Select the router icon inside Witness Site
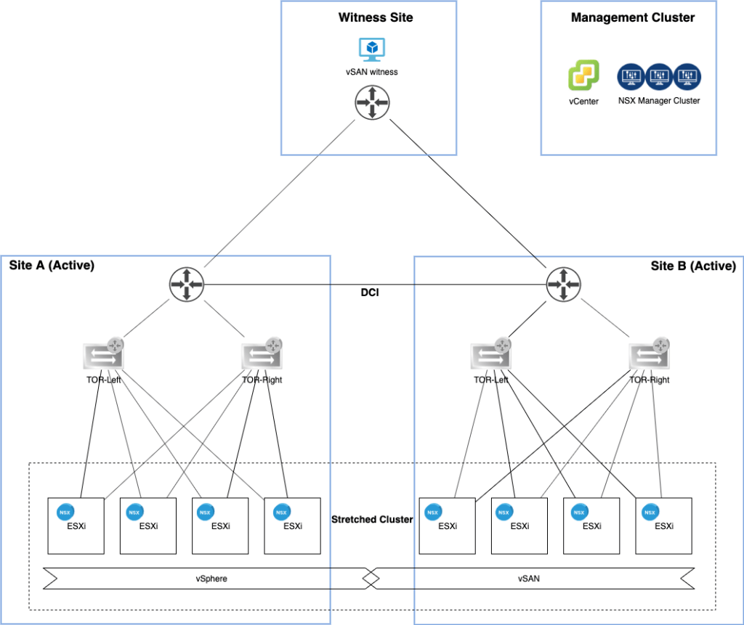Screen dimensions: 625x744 pyautogui.click(x=372, y=102)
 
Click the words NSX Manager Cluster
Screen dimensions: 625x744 pyautogui.click(x=659, y=101)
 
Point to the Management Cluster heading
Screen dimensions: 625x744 pyautogui.click(x=633, y=17)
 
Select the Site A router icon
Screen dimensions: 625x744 pyautogui.click(x=186, y=284)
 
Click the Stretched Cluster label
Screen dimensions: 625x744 pyautogui.click(x=372, y=520)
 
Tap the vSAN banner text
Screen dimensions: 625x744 pyautogui.click(x=528, y=578)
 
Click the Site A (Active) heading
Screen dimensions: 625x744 pyautogui.click(x=52, y=266)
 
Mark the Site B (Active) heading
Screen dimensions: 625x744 pyautogui.click(x=693, y=266)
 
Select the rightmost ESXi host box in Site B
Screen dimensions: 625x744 pyautogui.click(x=663, y=526)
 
